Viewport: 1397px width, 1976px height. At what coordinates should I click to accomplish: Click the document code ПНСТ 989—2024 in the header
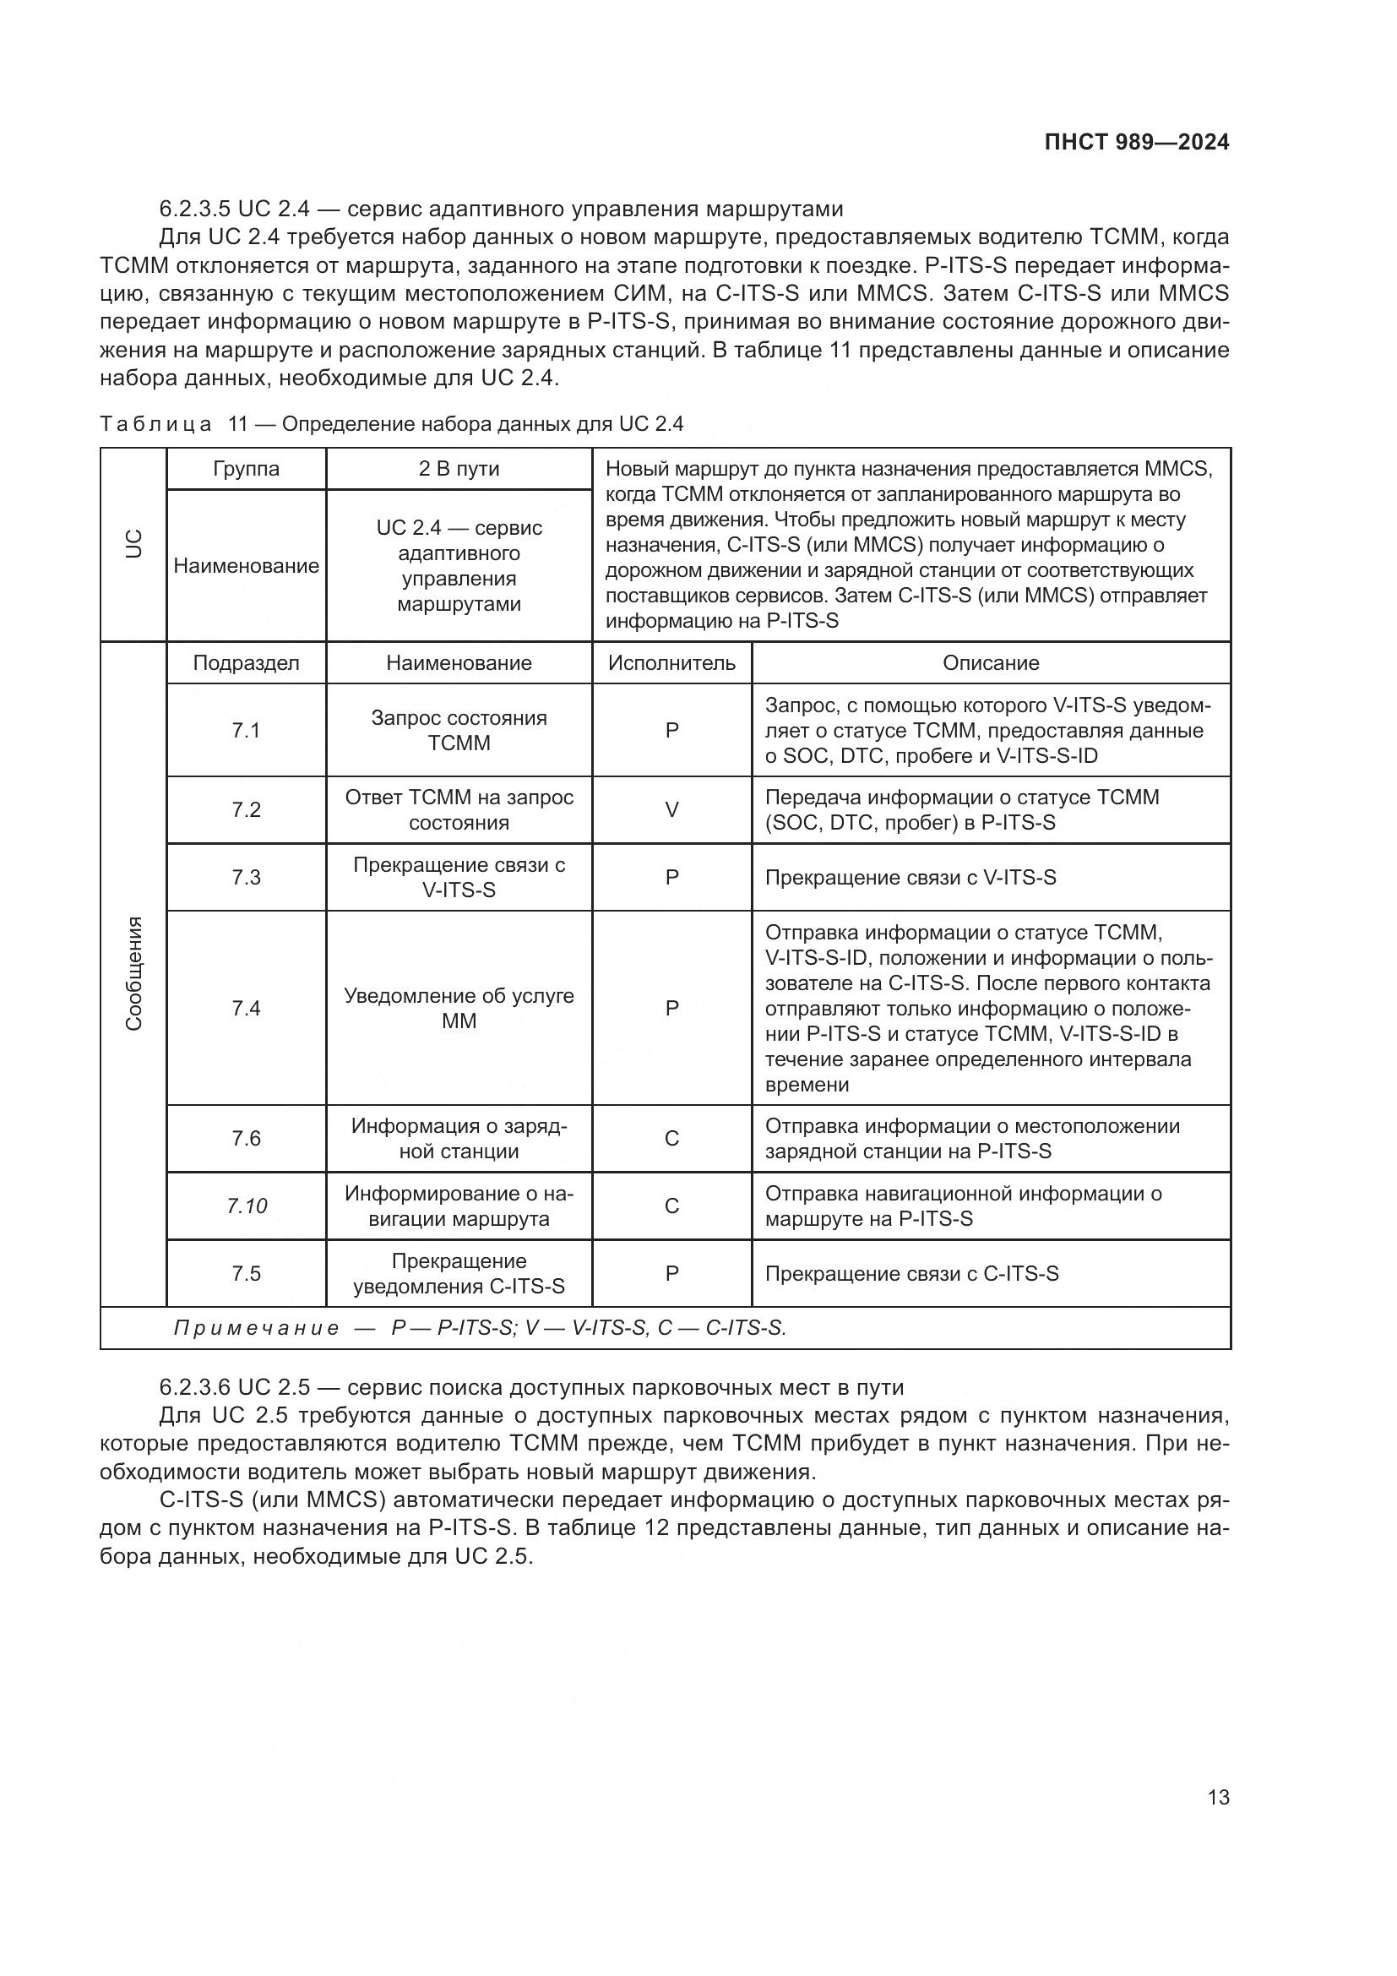[x=1136, y=143]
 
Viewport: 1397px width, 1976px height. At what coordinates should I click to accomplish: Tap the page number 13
[x=1218, y=1797]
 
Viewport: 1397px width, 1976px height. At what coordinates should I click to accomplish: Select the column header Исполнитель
[x=671, y=662]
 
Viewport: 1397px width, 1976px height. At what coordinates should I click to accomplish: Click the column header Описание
[x=990, y=662]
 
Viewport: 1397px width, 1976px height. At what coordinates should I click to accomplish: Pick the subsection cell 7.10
[x=246, y=1206]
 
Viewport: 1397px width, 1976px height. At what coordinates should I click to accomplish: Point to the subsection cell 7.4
[x=246, y=1008]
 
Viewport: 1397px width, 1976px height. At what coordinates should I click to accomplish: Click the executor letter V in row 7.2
[x=671, y=810]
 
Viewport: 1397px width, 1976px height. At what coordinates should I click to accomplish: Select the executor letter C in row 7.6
[x=671, y=1139]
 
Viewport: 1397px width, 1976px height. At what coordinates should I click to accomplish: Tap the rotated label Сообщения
[x=133, y=973]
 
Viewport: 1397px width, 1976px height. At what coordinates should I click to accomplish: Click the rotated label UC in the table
[x=133, y=544]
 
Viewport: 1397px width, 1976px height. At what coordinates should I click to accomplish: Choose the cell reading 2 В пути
[x=459, y=469]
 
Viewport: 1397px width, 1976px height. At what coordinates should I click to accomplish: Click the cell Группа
[x=246, y=469]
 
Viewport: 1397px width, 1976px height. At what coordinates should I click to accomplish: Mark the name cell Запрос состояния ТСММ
[x=459, y=730]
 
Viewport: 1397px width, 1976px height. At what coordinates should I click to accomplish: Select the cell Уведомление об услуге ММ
[x=459, y=1008]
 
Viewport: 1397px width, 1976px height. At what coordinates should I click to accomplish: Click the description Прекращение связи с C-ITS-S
[x=911, y=1274]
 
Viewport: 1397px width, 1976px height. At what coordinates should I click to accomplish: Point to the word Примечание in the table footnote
[x=257, y=1328]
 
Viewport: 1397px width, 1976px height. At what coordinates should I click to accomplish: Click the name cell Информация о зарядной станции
[x=459, y=1139]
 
